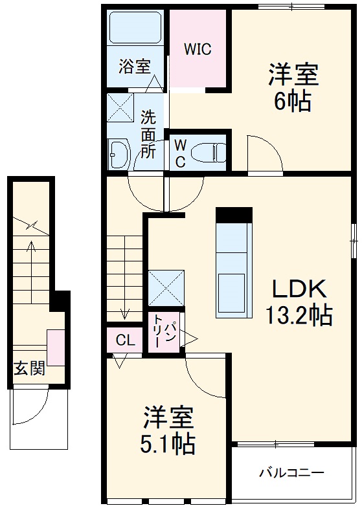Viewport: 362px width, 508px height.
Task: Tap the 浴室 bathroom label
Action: click(x=134, y=66)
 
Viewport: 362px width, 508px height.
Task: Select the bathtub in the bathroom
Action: click(x=136, y=28)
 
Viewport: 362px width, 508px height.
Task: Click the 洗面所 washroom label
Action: click(x=148, y=135)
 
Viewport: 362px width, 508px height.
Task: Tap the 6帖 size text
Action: click(x=293, y=102)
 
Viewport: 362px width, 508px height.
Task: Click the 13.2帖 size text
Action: click(x=298, y=315)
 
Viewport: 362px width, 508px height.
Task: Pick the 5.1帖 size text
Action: click(x=169, y=443)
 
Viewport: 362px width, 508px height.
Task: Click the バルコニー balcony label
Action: click(x=291, y=472)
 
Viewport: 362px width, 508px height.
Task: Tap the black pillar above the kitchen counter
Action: click(x=233, y=215)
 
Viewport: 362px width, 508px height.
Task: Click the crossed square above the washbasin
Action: click(x=120, y=107)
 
